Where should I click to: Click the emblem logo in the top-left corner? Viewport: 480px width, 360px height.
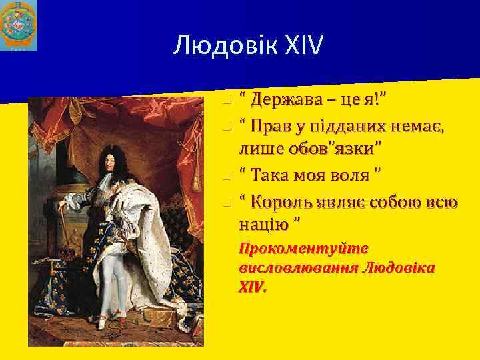click(19, 26)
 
